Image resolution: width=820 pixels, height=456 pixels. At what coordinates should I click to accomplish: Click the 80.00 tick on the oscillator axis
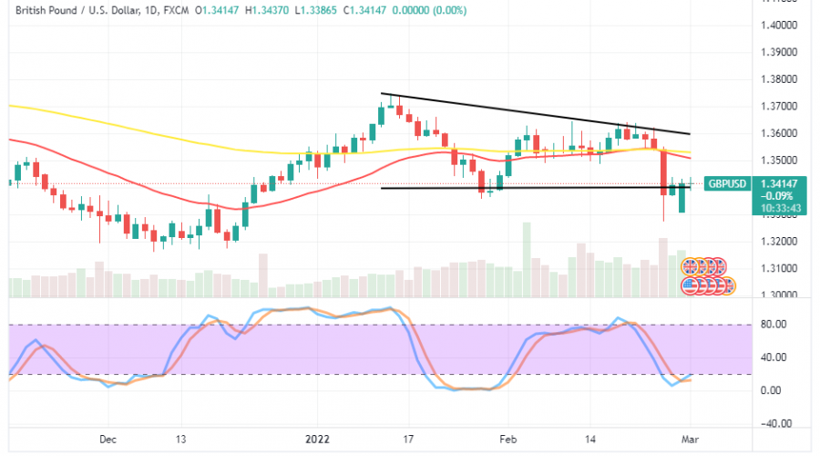[774, 323]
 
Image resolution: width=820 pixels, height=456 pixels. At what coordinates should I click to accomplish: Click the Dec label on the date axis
[108, 439]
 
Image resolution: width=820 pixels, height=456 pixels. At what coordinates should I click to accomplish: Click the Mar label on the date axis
[690, 439]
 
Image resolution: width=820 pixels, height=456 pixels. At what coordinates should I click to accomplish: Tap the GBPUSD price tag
[729, 183]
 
